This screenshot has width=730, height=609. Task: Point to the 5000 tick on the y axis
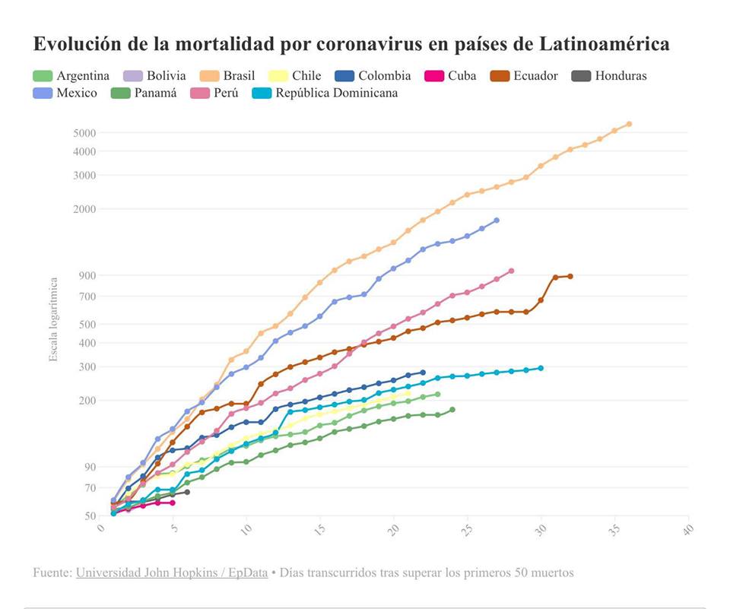coord(84,133)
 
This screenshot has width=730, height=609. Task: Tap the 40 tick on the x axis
coord(688,528)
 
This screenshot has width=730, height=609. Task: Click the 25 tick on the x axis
coord(467,528)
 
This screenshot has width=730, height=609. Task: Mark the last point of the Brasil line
coord(629,124)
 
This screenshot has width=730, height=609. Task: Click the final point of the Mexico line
coord(497,220)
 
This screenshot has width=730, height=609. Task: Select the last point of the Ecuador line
coord(570,276)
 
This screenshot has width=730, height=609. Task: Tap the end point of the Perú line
coord(511,271)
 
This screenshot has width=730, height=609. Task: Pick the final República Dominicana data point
coord(541,368)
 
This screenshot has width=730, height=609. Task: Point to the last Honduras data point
coord(187,492)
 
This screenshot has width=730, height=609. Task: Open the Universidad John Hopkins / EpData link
coord(172,573)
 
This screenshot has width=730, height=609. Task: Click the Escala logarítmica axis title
coord(53,319)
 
